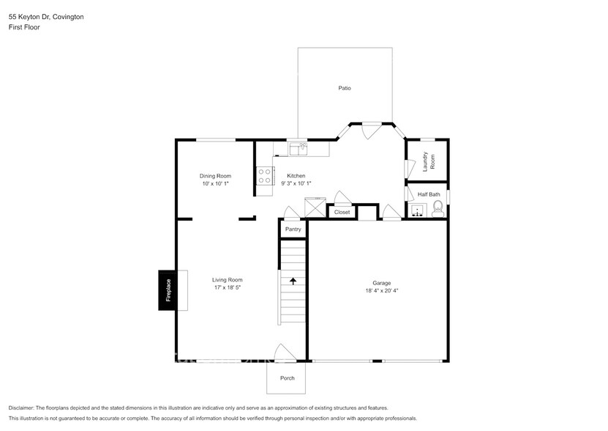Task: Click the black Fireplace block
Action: pos(168,290)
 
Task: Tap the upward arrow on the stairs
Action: pos(293,281)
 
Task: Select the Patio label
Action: pos(344,88)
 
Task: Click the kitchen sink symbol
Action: pos(299,149)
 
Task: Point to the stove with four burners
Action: pos(265,176)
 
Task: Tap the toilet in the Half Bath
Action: pos(438,211)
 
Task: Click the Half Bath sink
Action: pos(417,212)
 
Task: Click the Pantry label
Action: pos(293,229)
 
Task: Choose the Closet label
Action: pos(342,213)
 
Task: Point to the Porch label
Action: pos(288,378)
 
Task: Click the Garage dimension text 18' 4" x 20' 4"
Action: pos(381,291)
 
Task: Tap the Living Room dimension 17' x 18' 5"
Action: pos(227,288)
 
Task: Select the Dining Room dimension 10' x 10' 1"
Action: pos(215,184)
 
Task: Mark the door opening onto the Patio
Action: pos(372,130)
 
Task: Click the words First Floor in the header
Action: pos(24,27)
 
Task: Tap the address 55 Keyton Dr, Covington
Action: pos(46,16)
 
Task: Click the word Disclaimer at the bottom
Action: pos(21,408)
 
